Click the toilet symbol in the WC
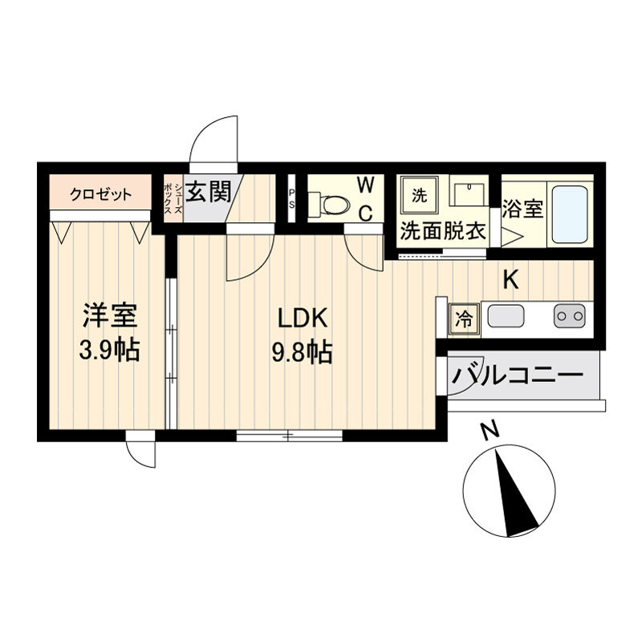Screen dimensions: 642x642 tap(329, 203)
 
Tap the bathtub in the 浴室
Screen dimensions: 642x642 tap(570, 214)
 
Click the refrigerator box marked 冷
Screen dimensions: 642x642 tap(465, 319)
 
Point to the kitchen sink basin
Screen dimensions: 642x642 tap(506, 316)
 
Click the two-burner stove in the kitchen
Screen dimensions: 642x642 tap(570, 316)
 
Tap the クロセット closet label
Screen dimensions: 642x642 tap(101, 194)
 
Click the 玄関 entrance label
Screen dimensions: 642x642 tap(208, 192)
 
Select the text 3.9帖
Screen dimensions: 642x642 tap(109, 349)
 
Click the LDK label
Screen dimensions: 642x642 tap(303, 318)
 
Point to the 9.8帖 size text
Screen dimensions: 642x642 tap(302, 351)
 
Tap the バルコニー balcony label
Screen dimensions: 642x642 tap(517, 375)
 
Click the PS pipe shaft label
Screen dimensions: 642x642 tap(291, 197)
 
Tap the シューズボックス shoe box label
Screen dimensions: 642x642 tap(173, 199)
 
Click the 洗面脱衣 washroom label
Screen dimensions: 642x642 tap(443, 231)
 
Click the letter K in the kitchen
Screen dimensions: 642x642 tap(511, 280)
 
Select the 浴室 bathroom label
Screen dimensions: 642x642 tap(523, 209)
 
